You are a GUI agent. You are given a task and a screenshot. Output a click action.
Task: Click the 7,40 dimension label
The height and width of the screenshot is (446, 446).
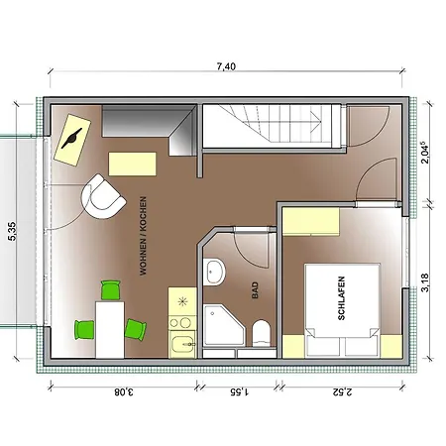[226, 66]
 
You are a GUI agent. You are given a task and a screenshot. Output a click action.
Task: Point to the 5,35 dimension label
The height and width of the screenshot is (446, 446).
[12, 231]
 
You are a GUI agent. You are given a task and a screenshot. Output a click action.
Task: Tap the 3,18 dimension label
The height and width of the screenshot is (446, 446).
[425, 282]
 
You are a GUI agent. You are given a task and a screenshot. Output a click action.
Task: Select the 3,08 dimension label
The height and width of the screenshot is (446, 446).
[124, 392]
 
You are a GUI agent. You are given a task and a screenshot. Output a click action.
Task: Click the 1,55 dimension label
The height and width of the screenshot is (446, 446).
[240, 392]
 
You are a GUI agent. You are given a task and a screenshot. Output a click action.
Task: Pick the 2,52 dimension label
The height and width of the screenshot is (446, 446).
[343, 392]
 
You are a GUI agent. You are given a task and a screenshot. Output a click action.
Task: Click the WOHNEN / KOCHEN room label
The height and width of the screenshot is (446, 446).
[143, 236]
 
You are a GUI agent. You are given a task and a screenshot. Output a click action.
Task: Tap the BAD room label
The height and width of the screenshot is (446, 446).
[255, 290]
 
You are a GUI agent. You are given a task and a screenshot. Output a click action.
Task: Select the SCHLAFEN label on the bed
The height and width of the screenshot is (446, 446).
[341, 298]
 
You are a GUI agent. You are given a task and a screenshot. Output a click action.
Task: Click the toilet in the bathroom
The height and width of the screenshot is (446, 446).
[262, 333]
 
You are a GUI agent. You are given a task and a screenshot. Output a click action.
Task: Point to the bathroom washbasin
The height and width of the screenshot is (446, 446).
[214, 273]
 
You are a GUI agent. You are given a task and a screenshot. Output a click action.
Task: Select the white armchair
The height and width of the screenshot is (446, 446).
[102, 197]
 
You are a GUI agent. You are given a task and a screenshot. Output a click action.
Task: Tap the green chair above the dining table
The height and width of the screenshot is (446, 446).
[111, 290]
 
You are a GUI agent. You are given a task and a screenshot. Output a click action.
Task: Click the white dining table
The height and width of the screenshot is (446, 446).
[110, 330]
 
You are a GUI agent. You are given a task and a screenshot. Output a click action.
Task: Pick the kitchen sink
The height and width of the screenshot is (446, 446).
[182, 344]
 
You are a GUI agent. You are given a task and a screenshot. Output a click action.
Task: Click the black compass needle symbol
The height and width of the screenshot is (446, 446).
[71, 139]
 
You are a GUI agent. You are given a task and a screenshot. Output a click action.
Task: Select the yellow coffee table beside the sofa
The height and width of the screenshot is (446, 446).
[133, 164]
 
